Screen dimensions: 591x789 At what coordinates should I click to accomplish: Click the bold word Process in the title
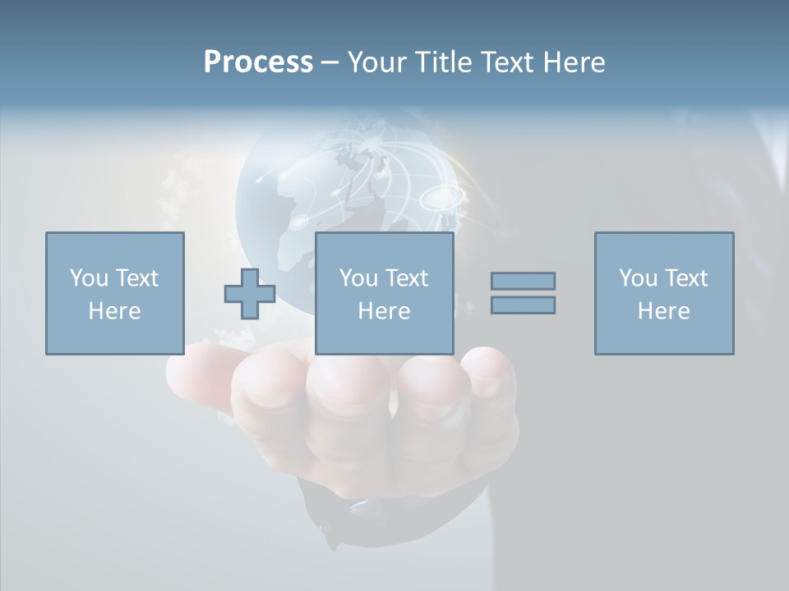point(258,62)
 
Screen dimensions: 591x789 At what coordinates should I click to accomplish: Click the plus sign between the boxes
point(250,293)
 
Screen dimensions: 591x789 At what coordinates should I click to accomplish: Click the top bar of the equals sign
point(523,281)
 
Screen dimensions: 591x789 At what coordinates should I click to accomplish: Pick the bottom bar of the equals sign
point(523,305)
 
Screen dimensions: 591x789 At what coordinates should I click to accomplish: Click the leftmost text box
point(115,293)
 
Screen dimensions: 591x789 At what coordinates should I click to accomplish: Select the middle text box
point(385,293)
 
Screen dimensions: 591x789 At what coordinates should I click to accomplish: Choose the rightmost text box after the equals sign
point(664,293)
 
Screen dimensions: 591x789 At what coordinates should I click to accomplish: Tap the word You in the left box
point(89,278)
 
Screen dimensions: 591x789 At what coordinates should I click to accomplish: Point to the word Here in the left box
point(115,311)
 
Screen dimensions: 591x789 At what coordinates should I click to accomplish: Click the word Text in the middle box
point(406,278)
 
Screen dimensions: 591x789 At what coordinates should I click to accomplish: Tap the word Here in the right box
point(664,311)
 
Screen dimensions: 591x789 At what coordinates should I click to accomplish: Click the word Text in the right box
point(685,278)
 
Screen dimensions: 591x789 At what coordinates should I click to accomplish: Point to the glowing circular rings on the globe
point(441,198)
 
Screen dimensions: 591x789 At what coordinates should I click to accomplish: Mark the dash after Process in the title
point(330,62)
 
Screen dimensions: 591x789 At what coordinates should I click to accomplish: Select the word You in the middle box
point(358,278)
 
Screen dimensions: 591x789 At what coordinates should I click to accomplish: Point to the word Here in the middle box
point(385,311)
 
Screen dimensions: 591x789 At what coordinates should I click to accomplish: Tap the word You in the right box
point(638,278)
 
